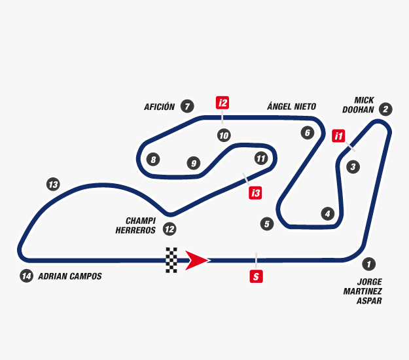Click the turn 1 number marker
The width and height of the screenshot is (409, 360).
coord(369,264)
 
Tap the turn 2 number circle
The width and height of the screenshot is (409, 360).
coord(386,109)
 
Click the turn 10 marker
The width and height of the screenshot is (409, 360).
coord(224,135)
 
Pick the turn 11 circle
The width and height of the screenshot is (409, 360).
coord(261,158)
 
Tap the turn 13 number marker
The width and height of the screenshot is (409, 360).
coord(53,185)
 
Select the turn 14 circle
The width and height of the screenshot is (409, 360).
coord(26,276)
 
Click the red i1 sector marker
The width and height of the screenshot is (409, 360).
coord(338,136)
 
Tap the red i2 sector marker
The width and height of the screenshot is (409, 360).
coord(223,103)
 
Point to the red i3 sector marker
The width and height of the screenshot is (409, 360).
coord(255,192)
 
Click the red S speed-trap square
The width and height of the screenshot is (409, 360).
coord(257,276)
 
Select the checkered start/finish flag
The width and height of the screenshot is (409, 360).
coord(171,260)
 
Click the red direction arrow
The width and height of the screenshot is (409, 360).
coord(197,260)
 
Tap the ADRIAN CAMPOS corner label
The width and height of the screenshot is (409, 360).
coord(69,276)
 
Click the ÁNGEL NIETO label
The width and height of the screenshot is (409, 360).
coord(291,106)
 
